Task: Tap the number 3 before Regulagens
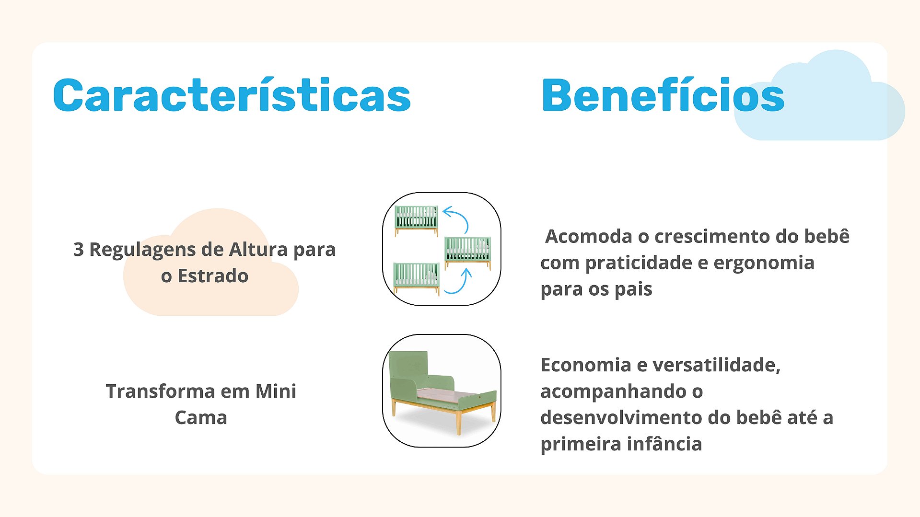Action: click(x=78, y=250)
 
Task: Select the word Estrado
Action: click(x=213, y=276)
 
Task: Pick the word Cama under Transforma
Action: click(x=201, y=418)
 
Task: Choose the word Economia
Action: click(x=586, y=365)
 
